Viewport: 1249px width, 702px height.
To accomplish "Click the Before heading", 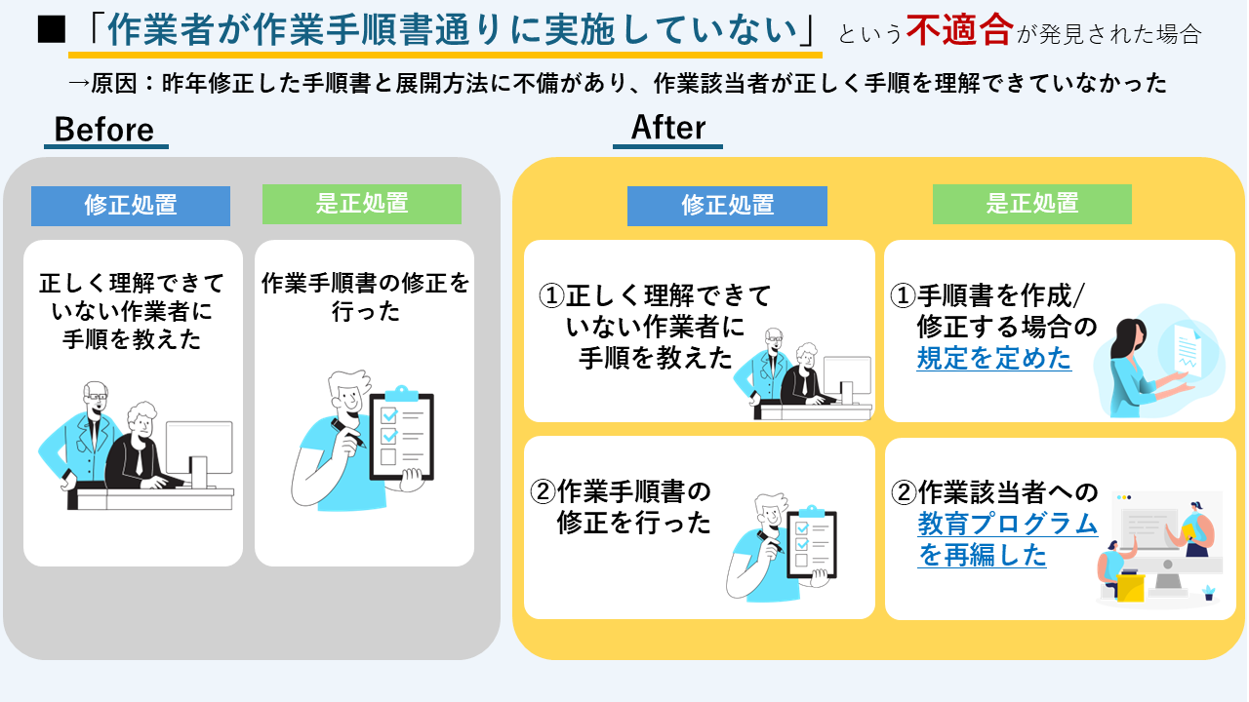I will (x=104, y=130).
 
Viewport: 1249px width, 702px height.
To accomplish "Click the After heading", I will (x=668, y=128).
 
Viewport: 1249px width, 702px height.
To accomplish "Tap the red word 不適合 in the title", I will (x=958, y=31).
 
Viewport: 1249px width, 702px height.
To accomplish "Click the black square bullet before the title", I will (x=50, y=31).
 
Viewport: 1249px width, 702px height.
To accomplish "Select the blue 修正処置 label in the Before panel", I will (x=131, y=206).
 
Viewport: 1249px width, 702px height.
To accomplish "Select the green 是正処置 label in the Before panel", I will (x=361, y=204).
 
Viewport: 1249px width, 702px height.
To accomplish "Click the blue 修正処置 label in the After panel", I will (x=727, y=206).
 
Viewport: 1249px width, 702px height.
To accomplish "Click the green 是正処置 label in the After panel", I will (x=1031, y=204).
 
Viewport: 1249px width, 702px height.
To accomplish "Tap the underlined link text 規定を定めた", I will (x=993, y=359).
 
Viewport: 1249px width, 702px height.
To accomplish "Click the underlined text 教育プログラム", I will (x=1007, y=525).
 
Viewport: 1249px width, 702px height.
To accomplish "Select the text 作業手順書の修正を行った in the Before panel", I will (x=365, y=297).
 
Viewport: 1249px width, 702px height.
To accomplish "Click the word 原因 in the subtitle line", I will (x=115, y=84).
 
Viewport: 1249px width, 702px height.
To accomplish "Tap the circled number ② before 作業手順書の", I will (x=543, y=491).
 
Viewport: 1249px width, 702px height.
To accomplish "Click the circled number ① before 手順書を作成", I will (x=905, y=294).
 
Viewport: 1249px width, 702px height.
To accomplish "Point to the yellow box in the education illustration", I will (x=1130, y=587).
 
